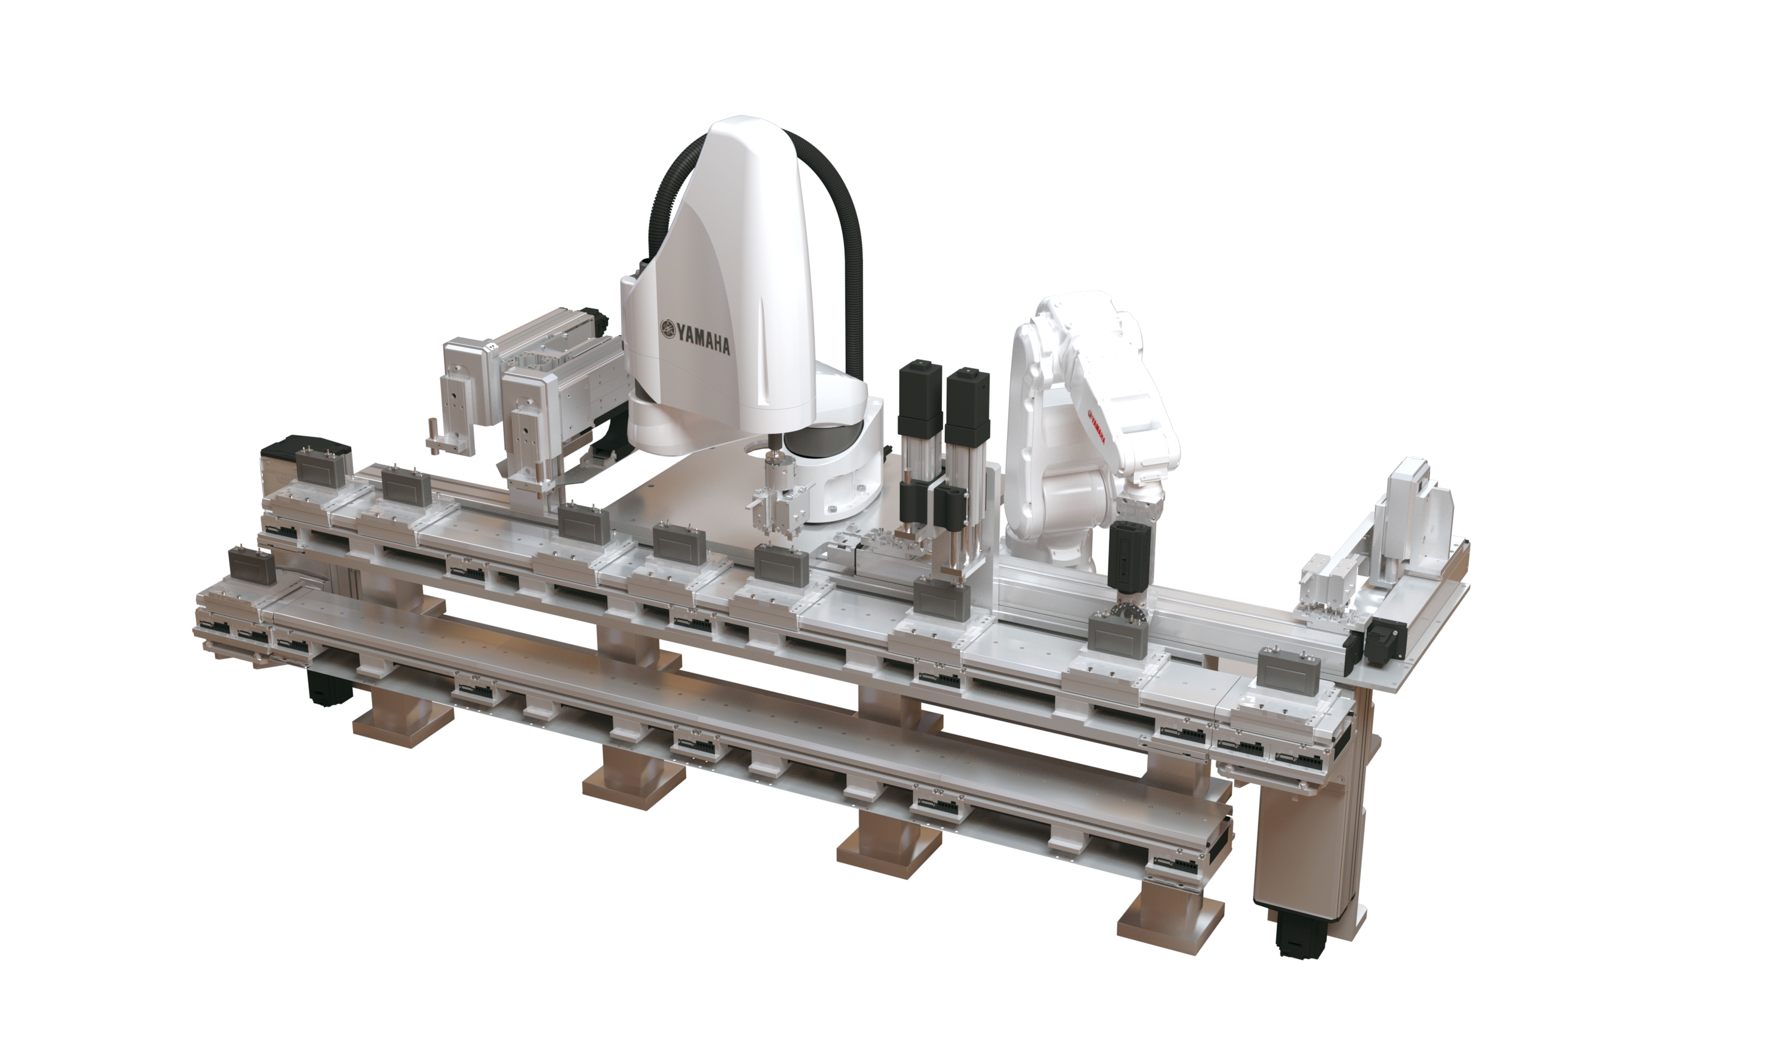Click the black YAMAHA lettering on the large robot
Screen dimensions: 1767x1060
(x=703, y=339)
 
